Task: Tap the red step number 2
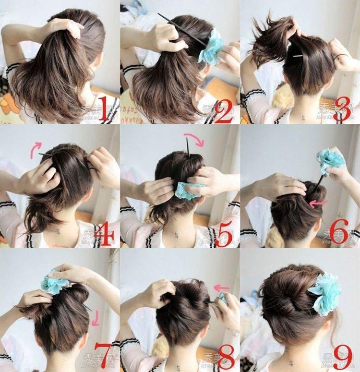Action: [x=224, y=110]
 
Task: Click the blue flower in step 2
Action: [x=212, y=47]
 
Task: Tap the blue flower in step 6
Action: [x=330, y=159]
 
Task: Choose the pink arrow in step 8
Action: [x=221, y=288]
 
